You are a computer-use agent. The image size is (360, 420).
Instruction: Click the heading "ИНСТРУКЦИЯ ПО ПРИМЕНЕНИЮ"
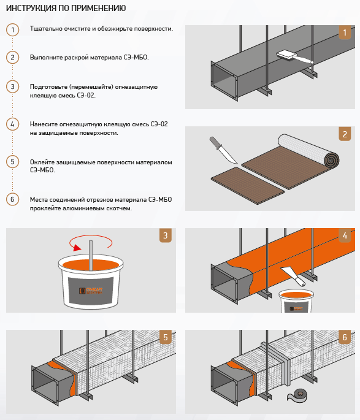[x=66, y=8]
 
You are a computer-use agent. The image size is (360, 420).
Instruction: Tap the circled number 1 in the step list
[x=13, y=29]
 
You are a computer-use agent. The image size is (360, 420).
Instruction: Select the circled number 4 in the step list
[x=13, y=124]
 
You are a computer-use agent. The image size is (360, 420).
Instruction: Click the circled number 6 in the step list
[x=13, y=199]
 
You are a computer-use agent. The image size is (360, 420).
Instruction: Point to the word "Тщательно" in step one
[x=46, y=29]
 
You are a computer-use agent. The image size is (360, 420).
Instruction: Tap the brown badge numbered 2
[x=345, y=134]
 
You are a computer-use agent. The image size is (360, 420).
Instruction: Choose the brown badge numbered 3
[x=165, y=235]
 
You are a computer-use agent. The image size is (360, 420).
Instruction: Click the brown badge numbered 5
[x=165, y=337]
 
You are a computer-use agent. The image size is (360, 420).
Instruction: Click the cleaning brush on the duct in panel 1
[x=294, y=57]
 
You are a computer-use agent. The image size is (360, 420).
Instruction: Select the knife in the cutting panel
[x=223, y=150]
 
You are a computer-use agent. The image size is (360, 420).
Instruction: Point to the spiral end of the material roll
[x=331, y=160]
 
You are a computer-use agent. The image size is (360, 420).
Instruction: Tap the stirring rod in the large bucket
[x=91, y=256]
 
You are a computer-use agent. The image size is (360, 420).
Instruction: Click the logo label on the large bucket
[x=91, y=291]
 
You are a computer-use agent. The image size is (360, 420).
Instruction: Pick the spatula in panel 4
[x=293, y=276]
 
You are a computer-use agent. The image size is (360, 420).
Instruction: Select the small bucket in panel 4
[x=296, y=301]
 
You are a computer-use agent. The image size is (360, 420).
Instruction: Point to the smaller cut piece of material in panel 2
[x=248, y=185]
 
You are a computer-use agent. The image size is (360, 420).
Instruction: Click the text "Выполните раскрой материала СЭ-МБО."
[x=89, y=57]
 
